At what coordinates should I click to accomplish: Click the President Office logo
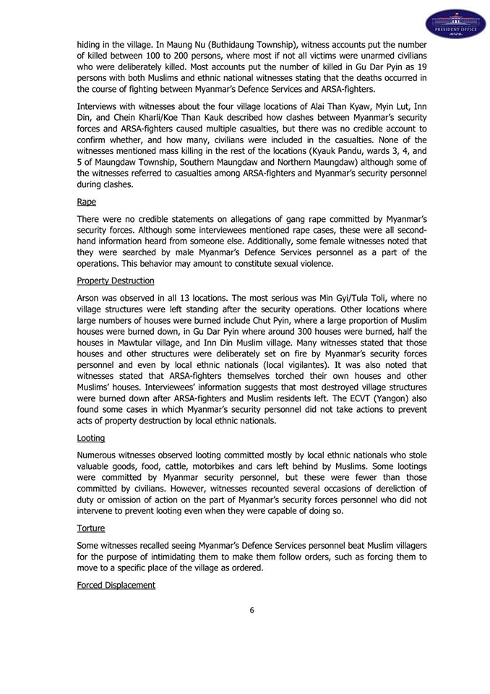click(x=455, y=25)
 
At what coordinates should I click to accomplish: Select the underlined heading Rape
click(x=87, y=202)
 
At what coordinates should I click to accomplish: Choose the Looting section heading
click(x=91, y=437)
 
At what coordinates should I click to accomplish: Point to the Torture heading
click(x=90, y=528)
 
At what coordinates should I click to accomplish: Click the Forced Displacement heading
click(x=116, y=585)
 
